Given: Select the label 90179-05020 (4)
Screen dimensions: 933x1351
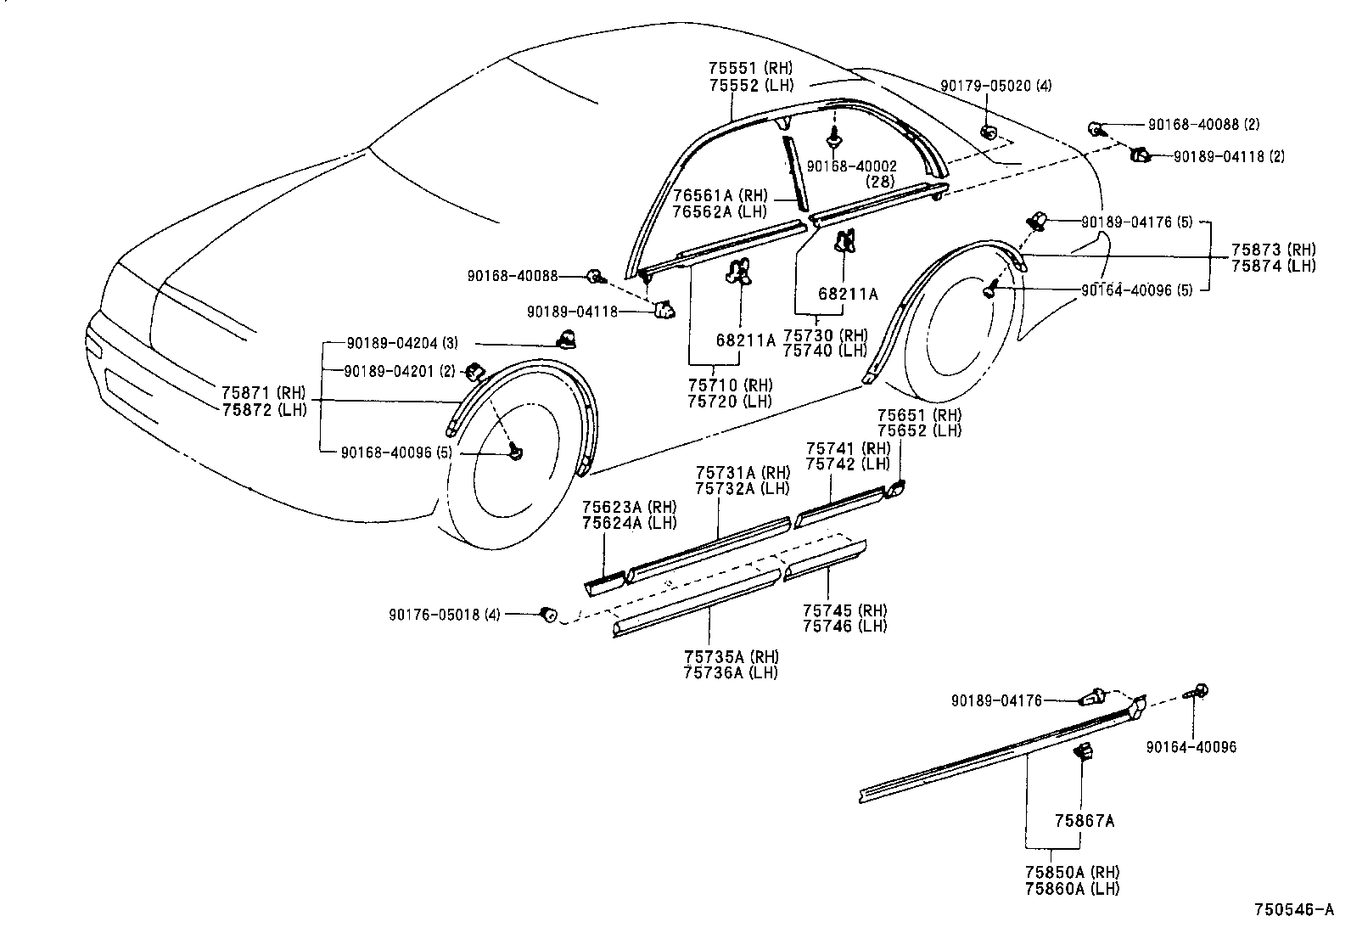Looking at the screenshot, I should (x=995, y=86).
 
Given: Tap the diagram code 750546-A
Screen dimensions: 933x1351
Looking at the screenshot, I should (x=1295, y=910).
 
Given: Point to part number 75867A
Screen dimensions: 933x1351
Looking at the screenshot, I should (x=1084, y=821).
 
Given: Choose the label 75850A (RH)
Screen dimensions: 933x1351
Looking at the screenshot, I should (x=1072, y=873).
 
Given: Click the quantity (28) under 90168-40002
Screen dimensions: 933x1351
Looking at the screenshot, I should (x=882, y=182).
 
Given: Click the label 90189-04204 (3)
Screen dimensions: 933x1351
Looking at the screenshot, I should (x=404, y=343).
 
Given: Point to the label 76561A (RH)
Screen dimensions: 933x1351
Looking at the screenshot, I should (x=719, y=195).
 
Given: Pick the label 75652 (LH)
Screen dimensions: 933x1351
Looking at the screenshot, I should (x=919, y=430).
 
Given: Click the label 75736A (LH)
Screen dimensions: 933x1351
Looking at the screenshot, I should (x=731, y=672).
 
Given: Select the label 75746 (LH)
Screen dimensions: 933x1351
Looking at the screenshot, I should (x=844, y=627).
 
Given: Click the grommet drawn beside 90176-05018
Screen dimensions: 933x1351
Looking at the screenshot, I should (x=549, y=613).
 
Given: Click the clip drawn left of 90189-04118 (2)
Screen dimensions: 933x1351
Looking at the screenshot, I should (x=1140, y=155).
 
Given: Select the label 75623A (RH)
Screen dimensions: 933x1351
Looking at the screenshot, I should (x=629, y=507).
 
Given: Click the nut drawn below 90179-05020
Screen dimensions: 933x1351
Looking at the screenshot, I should (x=989, y=131).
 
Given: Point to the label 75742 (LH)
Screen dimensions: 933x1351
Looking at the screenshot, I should (x=848, y=464).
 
